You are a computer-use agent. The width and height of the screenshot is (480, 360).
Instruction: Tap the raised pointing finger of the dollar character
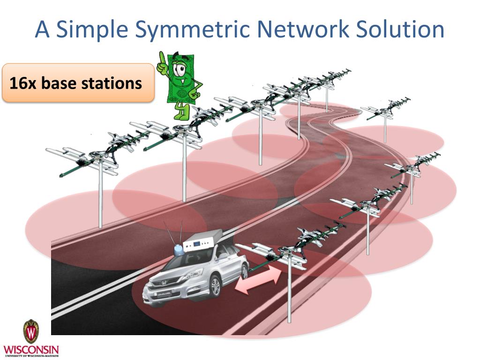[163, 59]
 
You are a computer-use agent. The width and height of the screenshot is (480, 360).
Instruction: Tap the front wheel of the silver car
[215, 287]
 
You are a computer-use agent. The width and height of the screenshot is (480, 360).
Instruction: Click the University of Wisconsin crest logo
[31, 332]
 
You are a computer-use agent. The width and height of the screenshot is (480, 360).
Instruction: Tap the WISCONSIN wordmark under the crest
[31, 350]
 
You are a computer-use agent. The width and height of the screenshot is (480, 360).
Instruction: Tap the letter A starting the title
[43, 30]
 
